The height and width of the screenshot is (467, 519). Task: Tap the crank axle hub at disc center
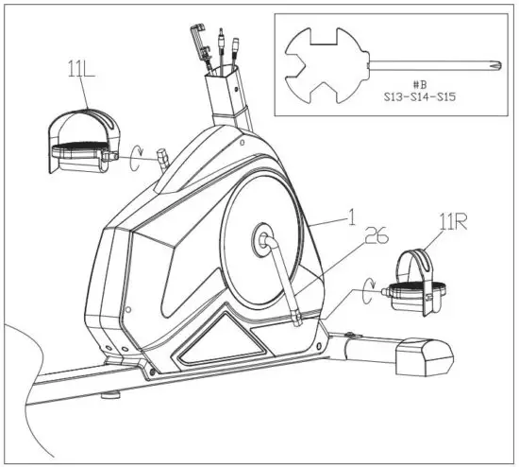(260, 239)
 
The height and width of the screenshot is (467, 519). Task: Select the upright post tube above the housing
(226, 100)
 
